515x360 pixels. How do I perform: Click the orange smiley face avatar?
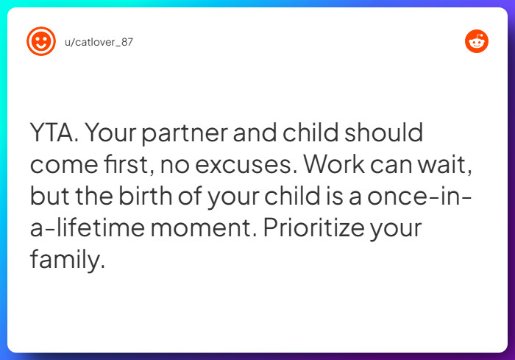[x=41, y=41]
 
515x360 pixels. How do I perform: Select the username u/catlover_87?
[x=99, y=42]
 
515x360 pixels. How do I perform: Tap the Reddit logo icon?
[x=477, y=41]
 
